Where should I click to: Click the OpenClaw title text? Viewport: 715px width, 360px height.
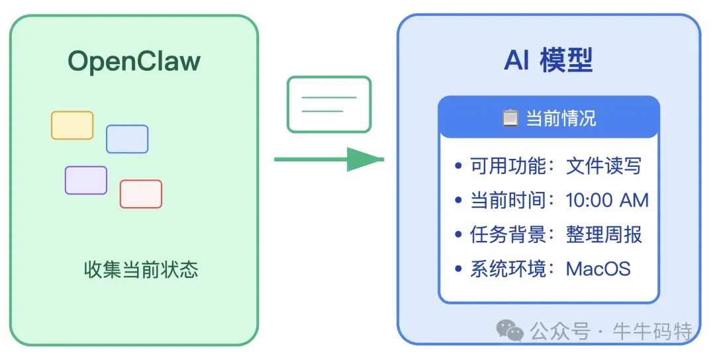(x=134, y=62)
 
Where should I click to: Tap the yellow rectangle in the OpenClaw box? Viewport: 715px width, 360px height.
(x=72, y=126)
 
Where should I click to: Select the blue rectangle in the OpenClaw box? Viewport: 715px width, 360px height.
(x=127, y=139)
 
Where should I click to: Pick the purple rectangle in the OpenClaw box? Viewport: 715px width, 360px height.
(x=86, y=180)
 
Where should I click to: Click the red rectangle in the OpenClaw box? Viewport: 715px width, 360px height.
(x=141, y=194)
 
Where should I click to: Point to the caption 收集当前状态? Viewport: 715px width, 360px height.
(x=141, y=270)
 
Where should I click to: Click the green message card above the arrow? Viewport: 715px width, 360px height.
(x=329, y=104)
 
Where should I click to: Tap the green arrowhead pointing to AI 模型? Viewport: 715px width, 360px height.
(x=365, y=159)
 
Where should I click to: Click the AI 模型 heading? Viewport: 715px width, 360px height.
(x=548, y=60)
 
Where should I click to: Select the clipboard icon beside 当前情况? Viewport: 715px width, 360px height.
(x=510, y=118)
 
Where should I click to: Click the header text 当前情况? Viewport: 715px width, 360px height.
(x=561, y=118)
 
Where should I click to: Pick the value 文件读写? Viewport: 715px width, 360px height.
(x=604, y=165)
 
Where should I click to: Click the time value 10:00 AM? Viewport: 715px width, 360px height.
(x=607, y=200)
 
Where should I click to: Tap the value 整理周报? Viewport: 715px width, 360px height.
(x=604, y=234)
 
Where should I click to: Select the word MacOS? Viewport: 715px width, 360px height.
(x=598, y=269)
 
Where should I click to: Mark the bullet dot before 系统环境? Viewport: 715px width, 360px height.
(x=459, y=269)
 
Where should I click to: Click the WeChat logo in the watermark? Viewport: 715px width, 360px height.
(x=510, y=330)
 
